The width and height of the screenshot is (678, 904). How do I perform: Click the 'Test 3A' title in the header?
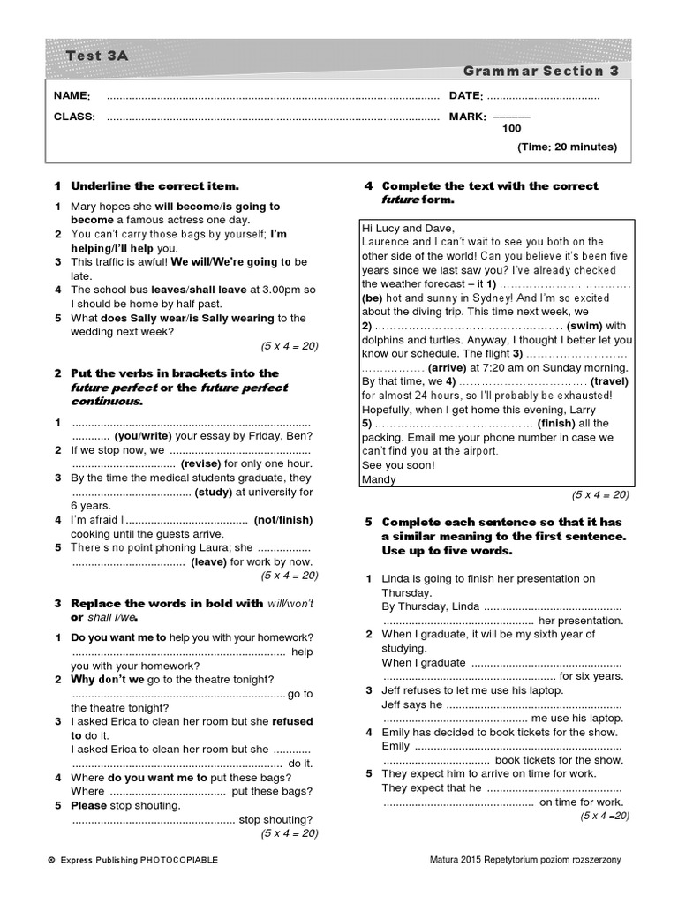tap(97, 56)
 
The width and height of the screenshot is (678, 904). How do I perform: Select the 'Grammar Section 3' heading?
tap(540, 72)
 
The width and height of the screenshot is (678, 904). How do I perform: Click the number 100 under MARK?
tap(511, 128)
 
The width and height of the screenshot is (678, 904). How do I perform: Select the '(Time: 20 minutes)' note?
tap(568, 147)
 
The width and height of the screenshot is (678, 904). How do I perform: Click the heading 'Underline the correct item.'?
tap(154, 186)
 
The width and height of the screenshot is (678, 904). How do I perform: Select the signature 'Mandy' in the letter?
tap(380, 479)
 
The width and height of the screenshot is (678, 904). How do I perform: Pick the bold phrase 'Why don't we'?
tap(110, 680)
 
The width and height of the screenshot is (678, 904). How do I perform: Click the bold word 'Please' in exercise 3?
tap(90, 805)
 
